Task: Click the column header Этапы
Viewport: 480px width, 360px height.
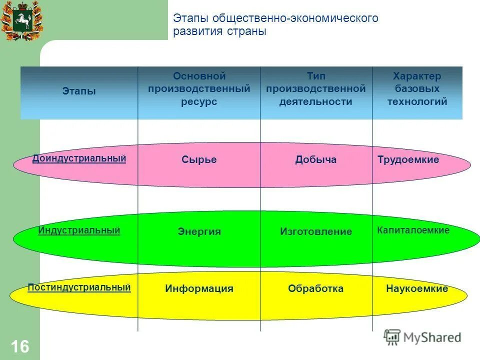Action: (79, 91)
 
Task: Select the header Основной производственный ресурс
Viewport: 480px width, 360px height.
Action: (199, 89)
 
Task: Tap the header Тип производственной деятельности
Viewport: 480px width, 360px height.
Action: (316, 89)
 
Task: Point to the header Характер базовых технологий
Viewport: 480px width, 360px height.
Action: (417, 89)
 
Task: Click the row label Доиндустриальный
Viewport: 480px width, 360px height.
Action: (79, 158)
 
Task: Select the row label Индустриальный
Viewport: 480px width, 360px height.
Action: (79, 230)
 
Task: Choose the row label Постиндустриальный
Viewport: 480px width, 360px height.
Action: (79, 287)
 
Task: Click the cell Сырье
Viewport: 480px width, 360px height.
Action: (199, 160)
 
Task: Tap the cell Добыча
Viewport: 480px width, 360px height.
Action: (316, 160)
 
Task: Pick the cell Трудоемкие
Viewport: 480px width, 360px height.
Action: (408, 160)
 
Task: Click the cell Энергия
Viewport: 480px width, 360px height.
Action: (199, 231)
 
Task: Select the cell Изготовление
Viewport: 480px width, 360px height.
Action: (316, 231)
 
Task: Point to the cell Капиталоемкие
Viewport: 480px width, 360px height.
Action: (413, 230)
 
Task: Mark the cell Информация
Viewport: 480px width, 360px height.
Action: (199, 288)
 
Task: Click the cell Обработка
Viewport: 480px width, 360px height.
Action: (316, 288)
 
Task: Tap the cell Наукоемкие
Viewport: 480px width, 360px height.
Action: (417, 288)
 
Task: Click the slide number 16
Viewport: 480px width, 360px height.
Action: (20, 346)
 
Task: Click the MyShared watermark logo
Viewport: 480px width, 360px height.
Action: (422, 337)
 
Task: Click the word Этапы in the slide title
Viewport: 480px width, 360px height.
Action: (191, 18)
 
